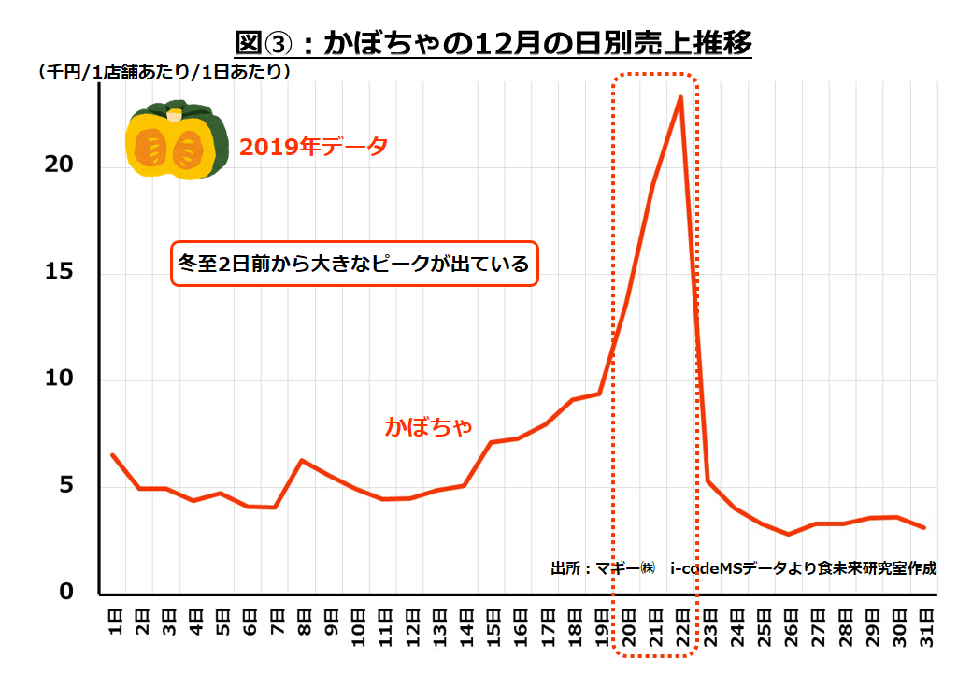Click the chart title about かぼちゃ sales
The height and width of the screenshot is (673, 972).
pyautogui.click(x=493, y=43)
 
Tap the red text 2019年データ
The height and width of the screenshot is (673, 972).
pyautogui.click(x=313, y=147)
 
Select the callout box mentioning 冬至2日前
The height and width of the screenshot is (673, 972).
pyautogui.click(x=354, y=265)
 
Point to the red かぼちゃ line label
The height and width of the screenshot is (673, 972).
pyautogui.click(x=429, y=426)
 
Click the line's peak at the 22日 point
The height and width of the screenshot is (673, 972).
pyautogui.click(x=680, y=96)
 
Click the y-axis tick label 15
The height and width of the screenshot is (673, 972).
pyautogui.click(x=58, y=274)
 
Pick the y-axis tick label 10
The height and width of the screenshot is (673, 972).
pyautogui.click(x=58, y=380)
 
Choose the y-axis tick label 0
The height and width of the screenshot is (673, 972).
pyautogui.click(x=65, y=593)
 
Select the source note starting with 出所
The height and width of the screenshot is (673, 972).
pyautogui.click(x=743, y=567)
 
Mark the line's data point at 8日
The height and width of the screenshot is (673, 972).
pyautogui.click(x=302, y=460)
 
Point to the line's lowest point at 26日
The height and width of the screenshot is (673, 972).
pyautogui.click(x=789, y=534)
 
